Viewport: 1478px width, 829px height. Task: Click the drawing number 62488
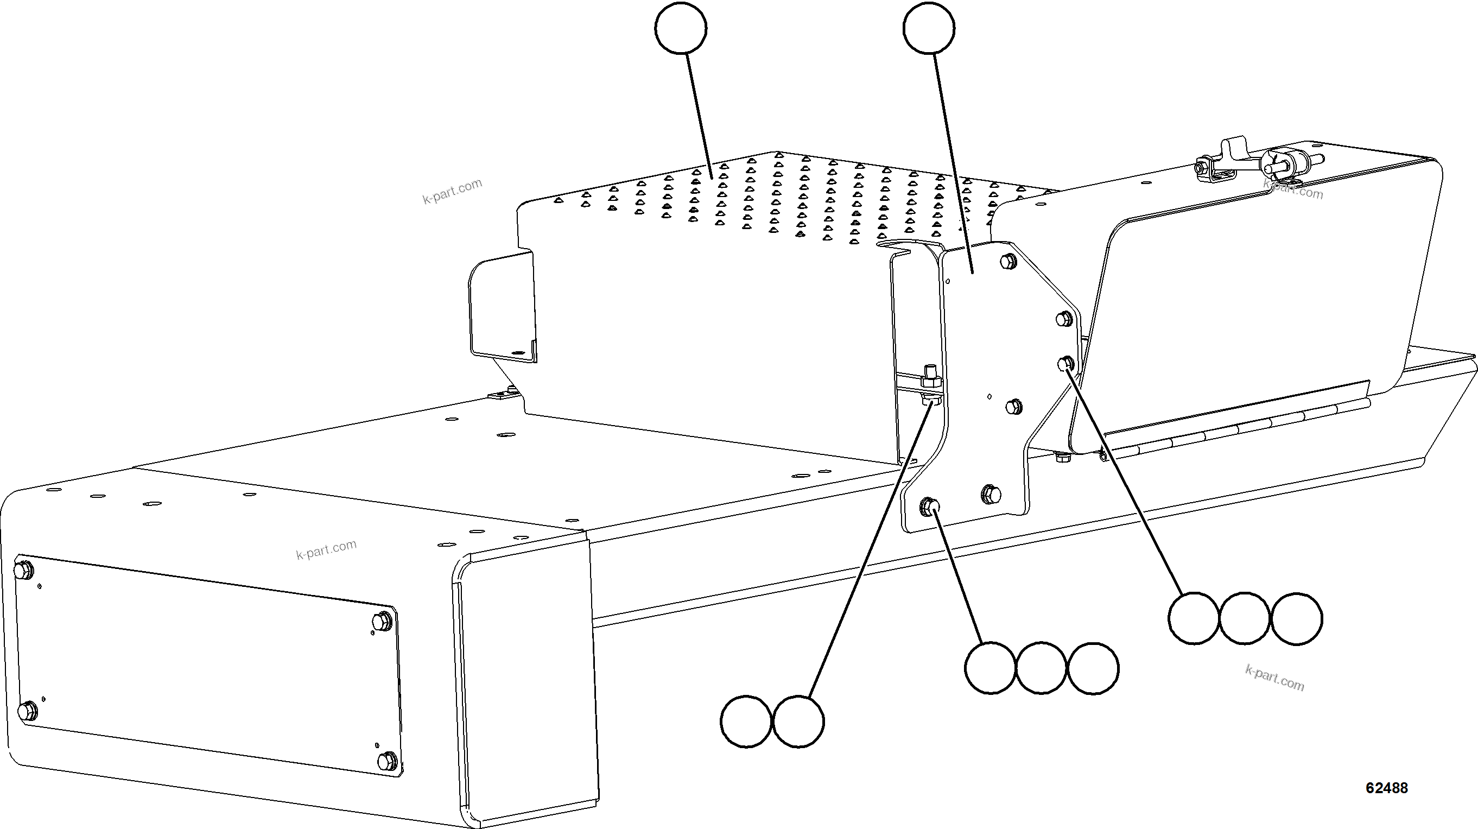pos(1386,788)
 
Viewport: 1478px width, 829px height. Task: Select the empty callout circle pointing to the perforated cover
pos(681,28)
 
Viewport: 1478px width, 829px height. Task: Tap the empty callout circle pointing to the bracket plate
pos(928,28)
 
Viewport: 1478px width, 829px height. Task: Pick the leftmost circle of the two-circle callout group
pos(746,722)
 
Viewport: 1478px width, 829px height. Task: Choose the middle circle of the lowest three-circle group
pos(1042,668)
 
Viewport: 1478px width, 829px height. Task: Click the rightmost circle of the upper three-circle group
pos(1297,619)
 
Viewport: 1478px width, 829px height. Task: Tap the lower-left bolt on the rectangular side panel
pos(27,712)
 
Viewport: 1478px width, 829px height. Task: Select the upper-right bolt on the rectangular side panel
pos(382,621)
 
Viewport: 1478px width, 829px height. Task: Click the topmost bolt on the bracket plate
pos(1007,262)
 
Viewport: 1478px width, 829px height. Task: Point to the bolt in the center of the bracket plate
pos(1014,406)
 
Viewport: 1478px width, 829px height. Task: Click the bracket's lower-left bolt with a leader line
pos(928,506)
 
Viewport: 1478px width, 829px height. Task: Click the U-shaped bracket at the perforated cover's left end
pos(502,310)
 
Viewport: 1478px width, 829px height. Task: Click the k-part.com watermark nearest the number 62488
pos(1274,678)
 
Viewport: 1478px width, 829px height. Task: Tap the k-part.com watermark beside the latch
pos(1293,189)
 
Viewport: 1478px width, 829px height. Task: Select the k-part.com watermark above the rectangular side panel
pos(326,549)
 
